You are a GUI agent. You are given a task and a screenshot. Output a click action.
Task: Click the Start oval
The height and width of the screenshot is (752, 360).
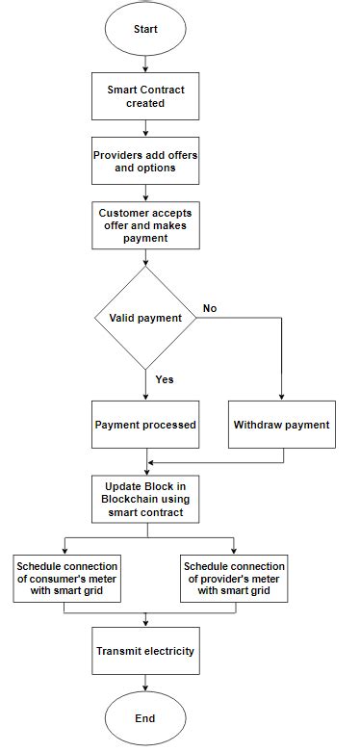[145, 29]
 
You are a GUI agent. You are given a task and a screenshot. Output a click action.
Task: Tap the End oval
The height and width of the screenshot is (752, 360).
[145, 717]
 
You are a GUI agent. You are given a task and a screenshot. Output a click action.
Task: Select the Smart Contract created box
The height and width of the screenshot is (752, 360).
[145, 96]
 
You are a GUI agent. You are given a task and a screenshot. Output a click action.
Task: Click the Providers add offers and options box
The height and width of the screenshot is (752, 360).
[145, 160]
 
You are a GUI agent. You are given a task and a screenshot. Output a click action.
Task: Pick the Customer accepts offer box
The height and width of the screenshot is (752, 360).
[145, 223]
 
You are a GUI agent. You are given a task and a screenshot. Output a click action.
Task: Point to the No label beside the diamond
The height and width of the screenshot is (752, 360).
[209, 309]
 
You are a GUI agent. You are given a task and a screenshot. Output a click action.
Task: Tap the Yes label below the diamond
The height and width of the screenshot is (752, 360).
[165, 379]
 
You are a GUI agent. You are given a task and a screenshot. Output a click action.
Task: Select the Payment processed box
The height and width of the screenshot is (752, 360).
[145, 425]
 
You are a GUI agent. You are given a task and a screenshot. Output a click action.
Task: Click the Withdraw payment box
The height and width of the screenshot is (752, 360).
[281, 425]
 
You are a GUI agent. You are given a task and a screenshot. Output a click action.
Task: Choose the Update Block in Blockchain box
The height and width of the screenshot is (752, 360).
[145, 499]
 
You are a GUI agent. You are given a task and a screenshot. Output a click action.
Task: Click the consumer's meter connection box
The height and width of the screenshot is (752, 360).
[65, 578]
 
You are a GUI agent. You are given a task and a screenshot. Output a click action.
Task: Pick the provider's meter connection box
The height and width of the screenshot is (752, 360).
[234, 578]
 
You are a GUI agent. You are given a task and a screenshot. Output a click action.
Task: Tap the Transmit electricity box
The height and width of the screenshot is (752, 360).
[145, 651]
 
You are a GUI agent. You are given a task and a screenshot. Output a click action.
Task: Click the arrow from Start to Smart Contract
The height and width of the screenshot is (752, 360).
[145, 64]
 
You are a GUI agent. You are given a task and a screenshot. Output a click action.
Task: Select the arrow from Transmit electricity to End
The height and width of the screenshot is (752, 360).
[145, 683]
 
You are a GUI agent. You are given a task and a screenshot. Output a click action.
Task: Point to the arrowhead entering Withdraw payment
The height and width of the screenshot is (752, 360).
[281, 395]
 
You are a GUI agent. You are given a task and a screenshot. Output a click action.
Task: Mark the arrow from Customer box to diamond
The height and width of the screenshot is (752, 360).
[145, 257]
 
